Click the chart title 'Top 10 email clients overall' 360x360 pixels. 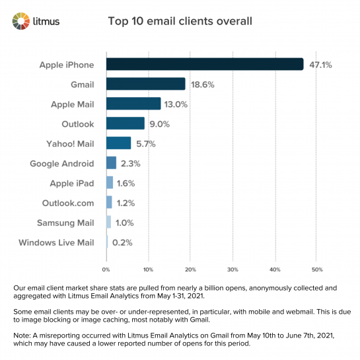[180, 21]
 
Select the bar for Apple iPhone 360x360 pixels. [204, 64]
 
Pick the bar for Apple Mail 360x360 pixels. [133, 104]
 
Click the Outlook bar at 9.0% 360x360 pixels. [125, 124]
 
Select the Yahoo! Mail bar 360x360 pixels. [118, 143]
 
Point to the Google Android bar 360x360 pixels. [111, 163]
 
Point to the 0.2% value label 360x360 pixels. [122, 242]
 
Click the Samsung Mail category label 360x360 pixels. [65, 223]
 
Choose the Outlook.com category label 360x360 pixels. [67, 203]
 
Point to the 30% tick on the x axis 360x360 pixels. [233, 270]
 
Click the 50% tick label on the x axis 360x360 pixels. [316, 270]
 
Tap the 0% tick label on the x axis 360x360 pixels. [106, 270]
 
